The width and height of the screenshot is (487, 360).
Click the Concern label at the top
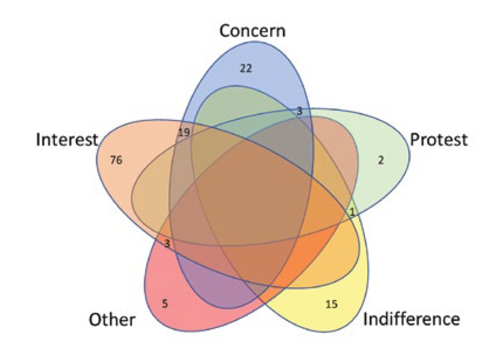click(252, 31)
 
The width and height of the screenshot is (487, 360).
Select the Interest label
click(67, 139)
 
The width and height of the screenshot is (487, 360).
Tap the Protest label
click(438, 139)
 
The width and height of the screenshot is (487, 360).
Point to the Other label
click(112, 320)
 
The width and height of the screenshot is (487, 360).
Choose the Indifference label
click(411, 319)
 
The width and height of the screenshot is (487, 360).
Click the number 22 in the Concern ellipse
click(246, 69)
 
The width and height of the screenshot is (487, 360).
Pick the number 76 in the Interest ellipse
click(116, 160)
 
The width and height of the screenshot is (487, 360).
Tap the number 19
click(183, 132)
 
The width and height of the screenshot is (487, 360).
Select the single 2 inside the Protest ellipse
click(381, 160)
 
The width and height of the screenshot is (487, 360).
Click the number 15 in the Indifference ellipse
click(331, 304)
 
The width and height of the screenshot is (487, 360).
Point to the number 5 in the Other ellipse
click(165, 303)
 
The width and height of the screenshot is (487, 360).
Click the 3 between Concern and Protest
click(299, 111)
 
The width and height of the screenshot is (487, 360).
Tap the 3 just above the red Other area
click(167, 245)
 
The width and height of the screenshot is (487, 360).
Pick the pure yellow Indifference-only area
click(343, 316)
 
